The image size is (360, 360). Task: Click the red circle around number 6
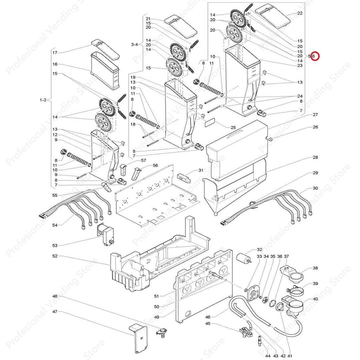click(314, 56)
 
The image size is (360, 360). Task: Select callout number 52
click(55, 256)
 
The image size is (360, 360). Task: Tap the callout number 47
click(55, 312)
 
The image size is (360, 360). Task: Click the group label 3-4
click(135, 44)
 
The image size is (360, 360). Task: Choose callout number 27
click(315, 115)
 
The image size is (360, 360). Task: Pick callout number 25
click(233, 127)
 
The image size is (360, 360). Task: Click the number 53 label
click(55, 246)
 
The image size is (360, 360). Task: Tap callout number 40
click(315, 299)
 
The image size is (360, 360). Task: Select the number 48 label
click(55, 296)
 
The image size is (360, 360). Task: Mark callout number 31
click(201, 170)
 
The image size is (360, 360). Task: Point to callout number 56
click(155, 165)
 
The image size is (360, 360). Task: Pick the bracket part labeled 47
click(139, 338)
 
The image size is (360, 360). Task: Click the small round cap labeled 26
click(271, 139)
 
